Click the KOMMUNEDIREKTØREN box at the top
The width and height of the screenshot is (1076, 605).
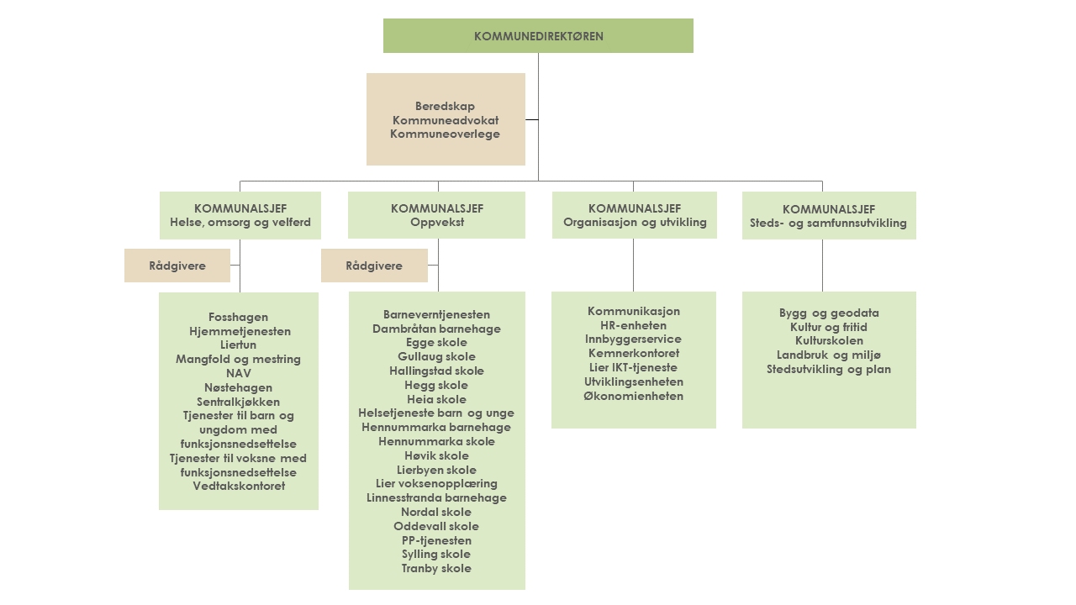[x=538, y=36]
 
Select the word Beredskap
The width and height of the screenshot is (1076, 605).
[x=445, y=107]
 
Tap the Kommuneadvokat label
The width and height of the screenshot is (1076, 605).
[x=445, y=120]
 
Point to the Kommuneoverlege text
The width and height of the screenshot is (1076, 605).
[x=445, y=134]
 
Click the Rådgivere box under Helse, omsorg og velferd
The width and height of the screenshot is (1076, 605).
[x=177, y=266]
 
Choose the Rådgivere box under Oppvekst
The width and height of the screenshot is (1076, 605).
[x=374, y=266]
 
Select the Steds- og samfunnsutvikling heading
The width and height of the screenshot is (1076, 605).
[x=828, y=224]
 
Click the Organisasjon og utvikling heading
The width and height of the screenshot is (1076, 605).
[x=635, y=223]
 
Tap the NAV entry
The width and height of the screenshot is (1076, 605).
[x=239, y=373]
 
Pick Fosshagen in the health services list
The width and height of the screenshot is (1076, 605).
[x=239, y=317]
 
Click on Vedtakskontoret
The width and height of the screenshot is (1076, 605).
[x=239, y=486]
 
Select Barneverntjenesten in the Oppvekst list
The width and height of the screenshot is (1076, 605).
[x=436, y=314]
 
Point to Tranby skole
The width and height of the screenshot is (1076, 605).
[x=436, y=569]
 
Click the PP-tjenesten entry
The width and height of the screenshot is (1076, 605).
[x=436, y=540]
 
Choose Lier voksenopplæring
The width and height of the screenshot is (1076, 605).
[x=436, y=484]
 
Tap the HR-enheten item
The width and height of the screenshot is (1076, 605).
[x=633, y=325]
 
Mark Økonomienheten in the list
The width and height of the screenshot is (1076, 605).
[x=633, y=396]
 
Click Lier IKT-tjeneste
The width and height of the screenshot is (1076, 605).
[x=633, y=367]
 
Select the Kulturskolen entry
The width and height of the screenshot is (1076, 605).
[x=829, y=341]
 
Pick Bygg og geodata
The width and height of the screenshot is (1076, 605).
[x=829, y=313]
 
